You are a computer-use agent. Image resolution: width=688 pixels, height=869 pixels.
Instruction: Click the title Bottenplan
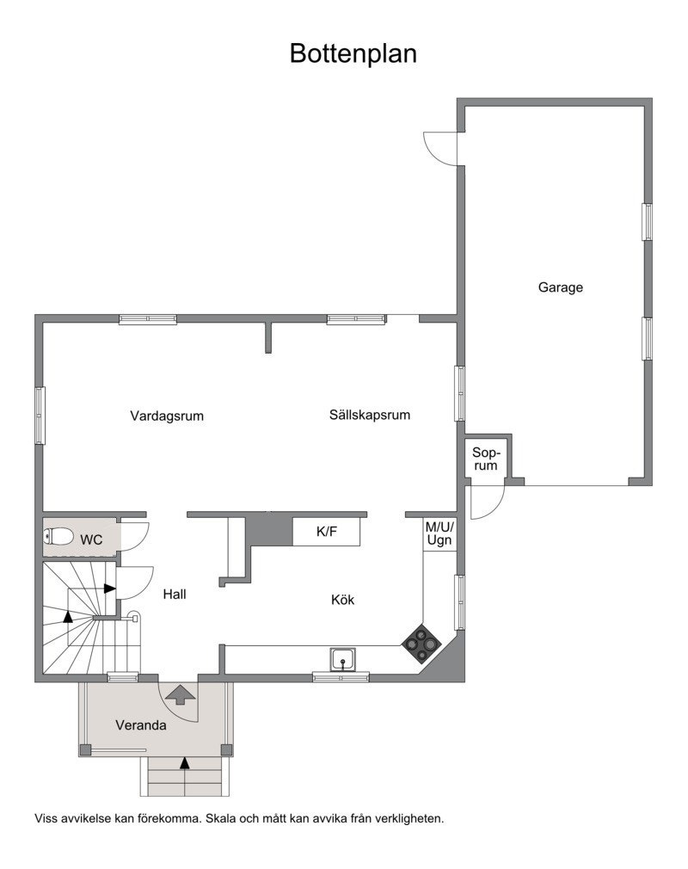[353, 53]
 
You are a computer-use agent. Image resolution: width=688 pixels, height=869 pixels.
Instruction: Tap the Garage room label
[560, 287]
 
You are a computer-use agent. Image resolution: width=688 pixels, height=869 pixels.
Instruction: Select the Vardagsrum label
[167, 416]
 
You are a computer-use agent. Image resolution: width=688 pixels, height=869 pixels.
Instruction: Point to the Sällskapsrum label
[369, 414]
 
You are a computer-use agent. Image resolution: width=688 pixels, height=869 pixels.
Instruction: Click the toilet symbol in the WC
[59, 538]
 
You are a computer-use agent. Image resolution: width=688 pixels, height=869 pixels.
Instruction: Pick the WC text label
[92, 540]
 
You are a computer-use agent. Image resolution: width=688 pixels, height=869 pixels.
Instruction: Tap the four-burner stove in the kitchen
[421, 643]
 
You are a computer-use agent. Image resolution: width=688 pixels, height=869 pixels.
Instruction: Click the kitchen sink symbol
[344, 659]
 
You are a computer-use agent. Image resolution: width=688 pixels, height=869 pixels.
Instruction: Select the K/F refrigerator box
[326, 532]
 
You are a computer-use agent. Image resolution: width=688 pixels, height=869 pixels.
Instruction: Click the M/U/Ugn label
[439, 533]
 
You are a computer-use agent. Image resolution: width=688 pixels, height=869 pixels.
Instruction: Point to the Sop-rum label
[486, 459]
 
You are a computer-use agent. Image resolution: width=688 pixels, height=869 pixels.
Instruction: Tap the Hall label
[174, 594]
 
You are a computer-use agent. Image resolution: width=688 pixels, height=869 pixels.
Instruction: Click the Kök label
[343, 600]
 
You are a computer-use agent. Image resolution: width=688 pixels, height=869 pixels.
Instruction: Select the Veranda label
[141, 725]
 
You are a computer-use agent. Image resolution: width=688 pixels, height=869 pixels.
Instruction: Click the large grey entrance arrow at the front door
[180, 693]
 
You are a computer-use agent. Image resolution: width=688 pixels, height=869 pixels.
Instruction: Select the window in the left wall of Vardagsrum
[40, 416]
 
